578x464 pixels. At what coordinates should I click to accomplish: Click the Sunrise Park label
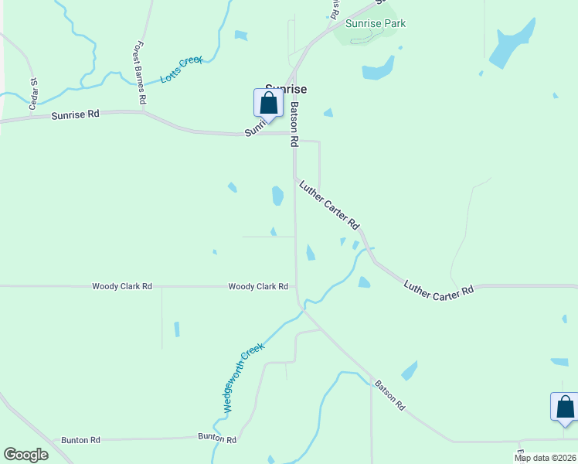click(376, 23)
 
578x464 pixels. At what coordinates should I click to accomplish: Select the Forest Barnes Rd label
click(140, 73)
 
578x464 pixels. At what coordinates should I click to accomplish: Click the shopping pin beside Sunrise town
click(268, 104)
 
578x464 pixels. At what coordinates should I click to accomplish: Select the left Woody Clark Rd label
click(122, 286)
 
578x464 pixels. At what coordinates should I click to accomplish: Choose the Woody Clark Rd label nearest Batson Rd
click(258, 286)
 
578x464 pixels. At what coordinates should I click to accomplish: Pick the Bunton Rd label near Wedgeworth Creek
click(217, 438)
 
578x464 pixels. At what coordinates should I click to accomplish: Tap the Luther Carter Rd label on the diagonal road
click(330, 204)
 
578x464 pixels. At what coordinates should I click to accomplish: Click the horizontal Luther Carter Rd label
click(438, 288)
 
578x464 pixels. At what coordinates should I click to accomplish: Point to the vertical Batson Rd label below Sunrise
click(294, 124)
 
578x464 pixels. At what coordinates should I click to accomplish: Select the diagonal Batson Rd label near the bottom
click(390, 394)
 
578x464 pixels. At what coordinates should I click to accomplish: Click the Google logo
click(26, 455)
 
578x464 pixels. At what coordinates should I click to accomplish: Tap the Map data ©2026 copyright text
click(544, 458)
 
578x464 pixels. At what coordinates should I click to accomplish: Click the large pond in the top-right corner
click(512, 46)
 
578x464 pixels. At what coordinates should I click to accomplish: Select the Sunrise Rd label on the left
click(76, 114)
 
